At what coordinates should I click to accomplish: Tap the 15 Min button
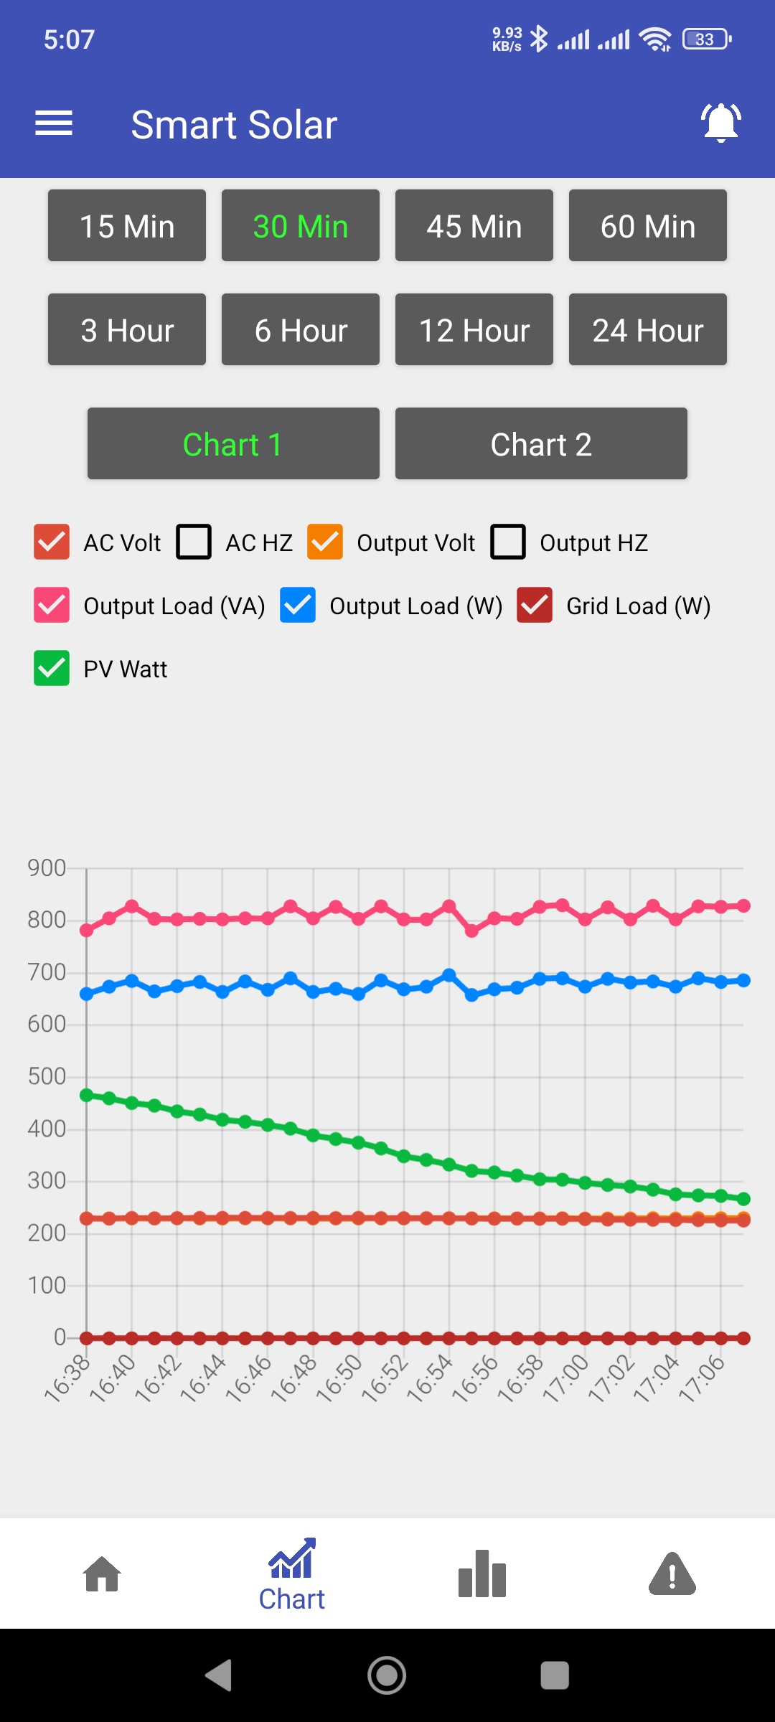click(x=127, y=226)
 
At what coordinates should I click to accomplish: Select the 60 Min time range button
click(x=647, y=226)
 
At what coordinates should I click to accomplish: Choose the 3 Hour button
click(x=127, y=330)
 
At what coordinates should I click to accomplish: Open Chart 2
click(x=541, y=444)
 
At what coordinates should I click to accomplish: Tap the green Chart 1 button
click(x=233, y=444)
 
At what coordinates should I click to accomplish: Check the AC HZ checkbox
click(x=194, y=542)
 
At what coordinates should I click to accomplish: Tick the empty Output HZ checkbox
click(x=508, y=542)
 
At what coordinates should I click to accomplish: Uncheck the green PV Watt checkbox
click(x=52, y=668)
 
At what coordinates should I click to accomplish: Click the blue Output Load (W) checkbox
click(x=298, y=605)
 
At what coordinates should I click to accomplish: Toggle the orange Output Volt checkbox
click(x=325, y=542)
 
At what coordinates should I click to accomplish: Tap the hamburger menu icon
click(x=54, y=123)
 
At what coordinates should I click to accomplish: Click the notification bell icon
click(x=720, y=123)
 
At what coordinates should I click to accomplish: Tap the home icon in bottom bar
click(x=102, y=1574)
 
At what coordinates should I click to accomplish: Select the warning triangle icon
click(x=672, y=1574)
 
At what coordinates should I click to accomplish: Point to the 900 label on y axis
click(x=47, y=868)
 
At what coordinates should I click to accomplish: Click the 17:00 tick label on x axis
click(x=565, y=1378)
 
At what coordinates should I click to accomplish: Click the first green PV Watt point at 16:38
click(x=87, y=1095)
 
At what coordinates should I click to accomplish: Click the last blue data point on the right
click(x=743, y=980)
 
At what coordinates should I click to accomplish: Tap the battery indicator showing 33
click(x=706, y=39)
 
